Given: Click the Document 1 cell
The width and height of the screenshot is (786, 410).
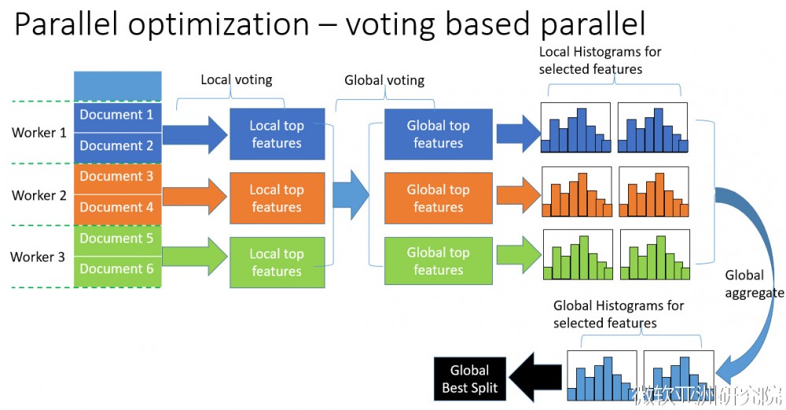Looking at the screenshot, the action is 118,117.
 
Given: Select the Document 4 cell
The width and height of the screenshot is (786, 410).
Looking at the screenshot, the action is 118,209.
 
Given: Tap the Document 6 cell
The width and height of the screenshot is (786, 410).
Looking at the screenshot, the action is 118,271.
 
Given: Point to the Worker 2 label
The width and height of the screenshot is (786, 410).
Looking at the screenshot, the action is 39,195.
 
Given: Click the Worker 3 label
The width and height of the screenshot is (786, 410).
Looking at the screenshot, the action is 38,257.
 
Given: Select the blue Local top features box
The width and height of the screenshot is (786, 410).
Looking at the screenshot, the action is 277,134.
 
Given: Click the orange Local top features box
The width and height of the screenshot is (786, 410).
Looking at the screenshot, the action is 277,198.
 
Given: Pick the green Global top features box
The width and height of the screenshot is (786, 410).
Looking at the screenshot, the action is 438,261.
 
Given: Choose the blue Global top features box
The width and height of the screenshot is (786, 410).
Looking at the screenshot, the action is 438,134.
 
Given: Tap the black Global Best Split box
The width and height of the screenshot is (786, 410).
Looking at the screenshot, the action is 470,379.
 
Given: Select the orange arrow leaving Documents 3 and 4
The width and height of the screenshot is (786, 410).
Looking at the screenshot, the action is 195,196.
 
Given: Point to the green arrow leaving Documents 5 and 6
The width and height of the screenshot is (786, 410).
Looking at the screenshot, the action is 195,257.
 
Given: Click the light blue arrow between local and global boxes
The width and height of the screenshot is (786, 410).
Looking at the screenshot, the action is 351,194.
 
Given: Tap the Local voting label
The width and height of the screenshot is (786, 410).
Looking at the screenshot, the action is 237,79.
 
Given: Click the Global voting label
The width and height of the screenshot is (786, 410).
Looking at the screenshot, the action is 384,80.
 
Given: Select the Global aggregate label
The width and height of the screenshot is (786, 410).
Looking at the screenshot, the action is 754,284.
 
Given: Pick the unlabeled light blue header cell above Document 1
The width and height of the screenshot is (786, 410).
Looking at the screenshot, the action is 118,86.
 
